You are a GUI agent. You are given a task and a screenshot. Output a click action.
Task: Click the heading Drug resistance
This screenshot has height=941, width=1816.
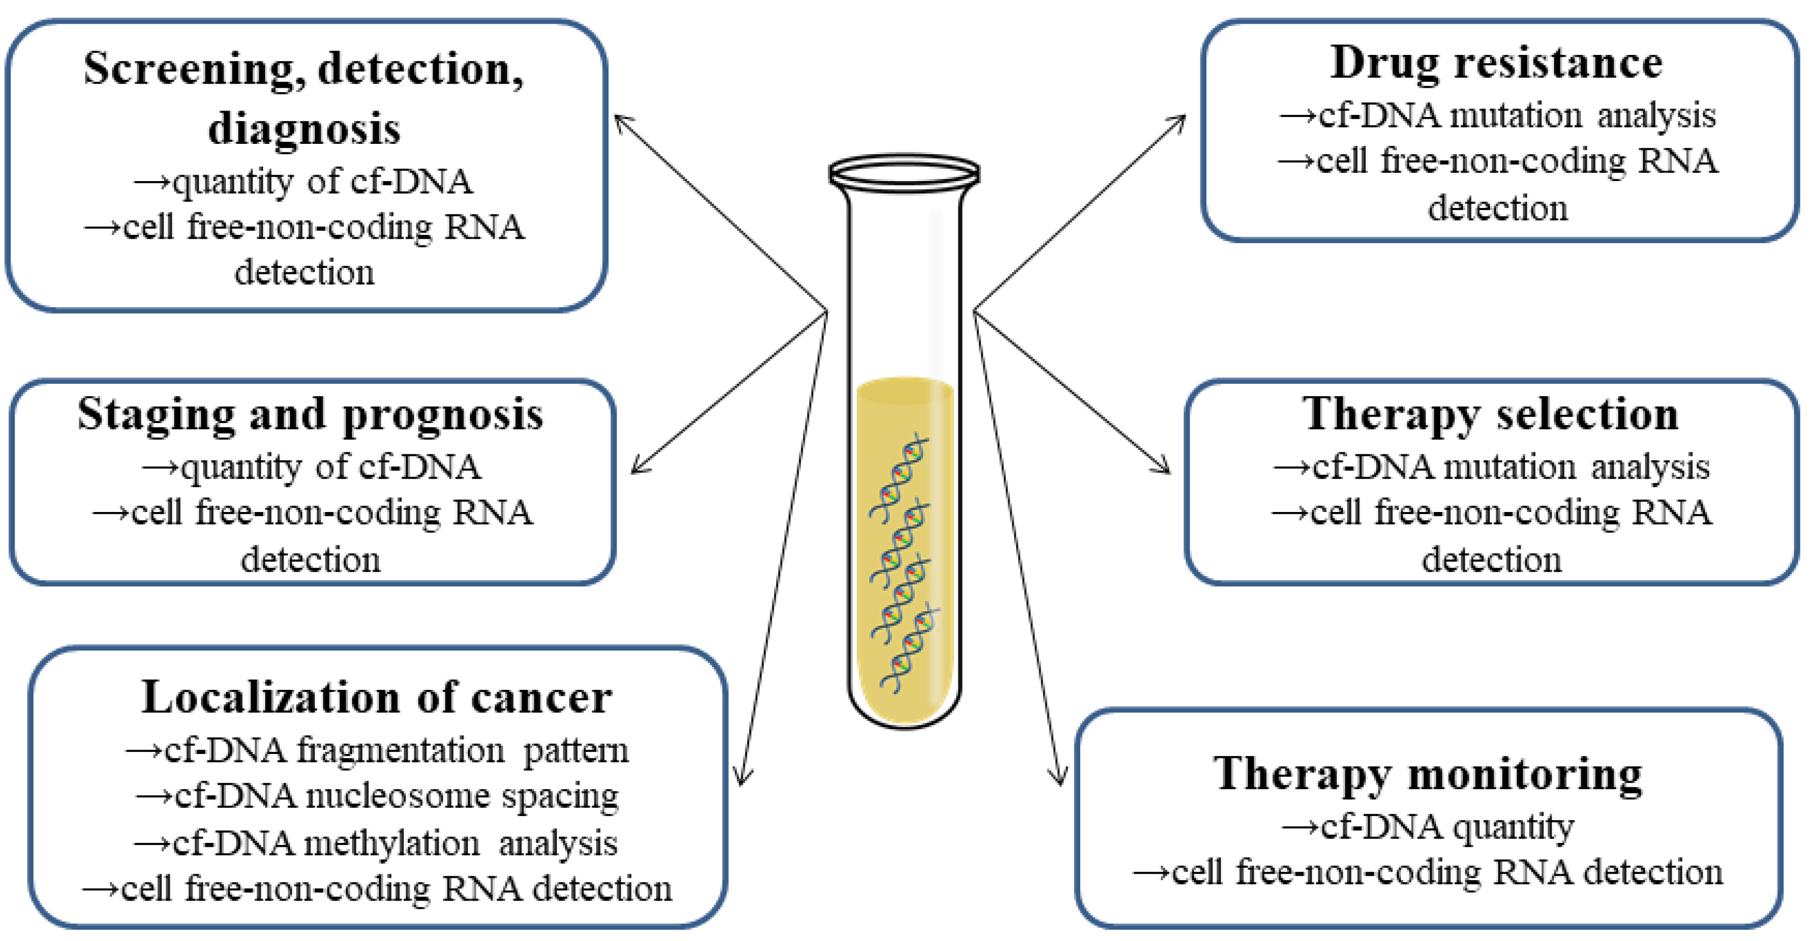(x=1496, y=64)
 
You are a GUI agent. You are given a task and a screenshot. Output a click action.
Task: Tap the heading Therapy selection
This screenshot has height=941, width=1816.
(x=1489, y=414)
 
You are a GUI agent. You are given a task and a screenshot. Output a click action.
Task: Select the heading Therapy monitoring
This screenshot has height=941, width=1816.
(x=1427, y=774)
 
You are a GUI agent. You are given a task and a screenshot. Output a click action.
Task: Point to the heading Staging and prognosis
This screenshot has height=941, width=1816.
(x=310, y=414)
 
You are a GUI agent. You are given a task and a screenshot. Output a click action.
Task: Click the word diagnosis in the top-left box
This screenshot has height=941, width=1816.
(x=304, y=128)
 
